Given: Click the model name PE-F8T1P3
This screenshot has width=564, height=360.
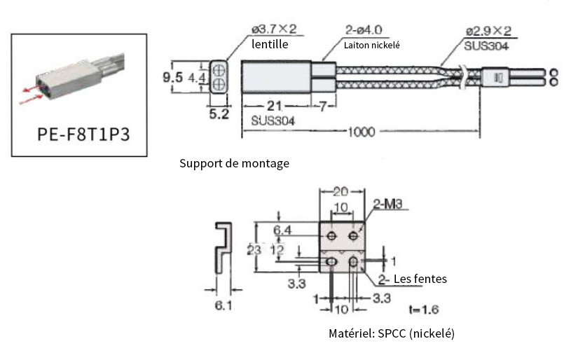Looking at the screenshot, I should [79, 134].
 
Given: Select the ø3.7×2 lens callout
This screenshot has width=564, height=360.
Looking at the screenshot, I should [274, 29].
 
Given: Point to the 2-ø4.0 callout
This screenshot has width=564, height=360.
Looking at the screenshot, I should [364, 30].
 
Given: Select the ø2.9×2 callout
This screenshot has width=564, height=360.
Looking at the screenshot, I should [488, 32].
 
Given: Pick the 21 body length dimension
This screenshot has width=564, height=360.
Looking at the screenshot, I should [274, 106].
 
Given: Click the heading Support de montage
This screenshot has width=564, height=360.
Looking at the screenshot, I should [234, 163].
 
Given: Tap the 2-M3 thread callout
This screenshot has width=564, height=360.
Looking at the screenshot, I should [390, 205].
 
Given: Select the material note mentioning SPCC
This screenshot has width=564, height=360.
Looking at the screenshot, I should [391, 334].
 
